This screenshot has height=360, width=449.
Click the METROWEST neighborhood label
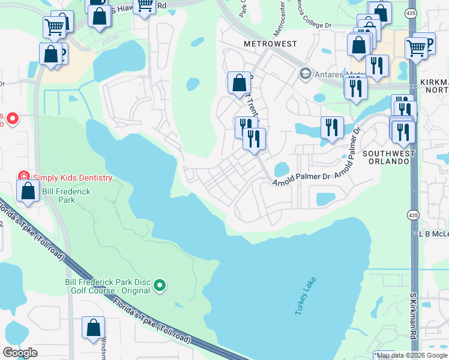click(x=267, y=44)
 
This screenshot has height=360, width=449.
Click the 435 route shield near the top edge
click(x=409, y=14)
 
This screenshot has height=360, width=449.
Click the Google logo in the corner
click(x=20, y=353)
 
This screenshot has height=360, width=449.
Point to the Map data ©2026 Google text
click(x=411, y=355)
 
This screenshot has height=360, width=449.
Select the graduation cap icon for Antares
click(x=305, y=74)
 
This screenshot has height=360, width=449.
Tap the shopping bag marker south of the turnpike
click(x=93, y=328)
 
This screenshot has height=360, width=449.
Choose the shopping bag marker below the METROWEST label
click(x=239, y=83)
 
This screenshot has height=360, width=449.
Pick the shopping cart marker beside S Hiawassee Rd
click(x=144, y=5)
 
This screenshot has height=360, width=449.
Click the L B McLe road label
click(x=433, y=233)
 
